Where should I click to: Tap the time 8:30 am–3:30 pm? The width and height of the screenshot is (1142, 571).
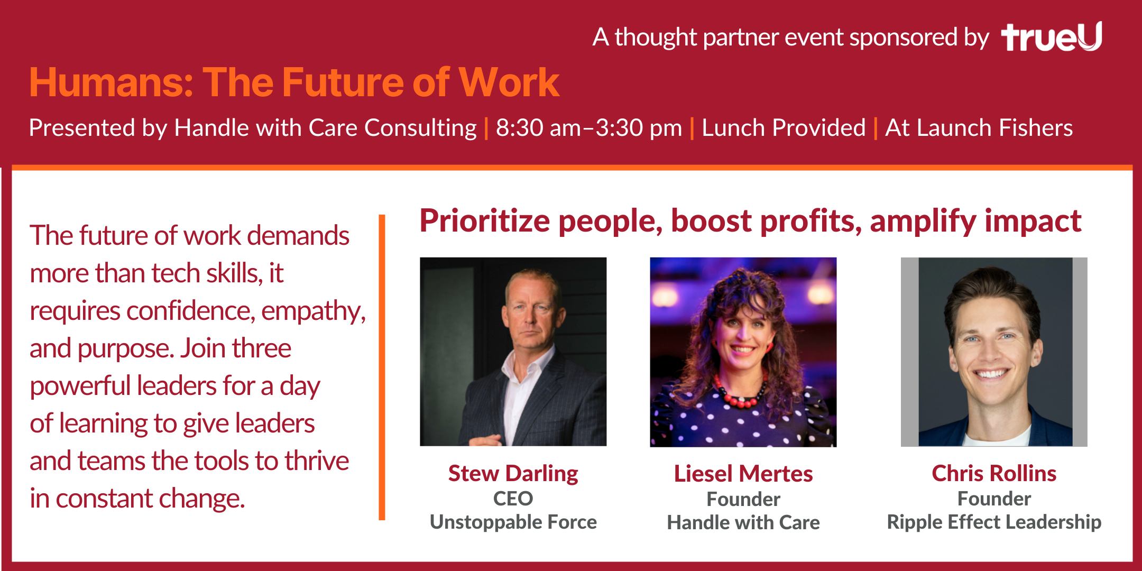tap(589, 128)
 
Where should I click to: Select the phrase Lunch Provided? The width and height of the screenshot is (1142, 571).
tap(784, 128)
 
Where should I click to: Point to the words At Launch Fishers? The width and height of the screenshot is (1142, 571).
tap(979, 128)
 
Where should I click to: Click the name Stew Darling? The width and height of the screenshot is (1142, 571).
tap(513, 473)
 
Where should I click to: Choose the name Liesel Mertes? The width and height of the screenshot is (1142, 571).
tap(743, 474)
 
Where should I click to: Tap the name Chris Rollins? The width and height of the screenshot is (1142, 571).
tap(994, 473)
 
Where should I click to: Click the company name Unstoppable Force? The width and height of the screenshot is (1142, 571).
tap(513, 522)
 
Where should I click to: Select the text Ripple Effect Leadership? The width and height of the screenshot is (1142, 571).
tap(994, 522)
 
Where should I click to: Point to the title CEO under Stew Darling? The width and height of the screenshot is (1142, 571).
tap(513, 499)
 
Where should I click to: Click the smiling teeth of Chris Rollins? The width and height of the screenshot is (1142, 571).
tap(991, 374)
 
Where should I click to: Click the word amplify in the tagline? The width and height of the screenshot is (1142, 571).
tap(923, 221)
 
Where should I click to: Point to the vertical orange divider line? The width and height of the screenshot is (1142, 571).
tap(382, 367)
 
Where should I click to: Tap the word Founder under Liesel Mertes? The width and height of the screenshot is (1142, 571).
tap(743, 499)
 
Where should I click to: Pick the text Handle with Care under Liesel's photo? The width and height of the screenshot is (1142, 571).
tap(743, 523)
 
